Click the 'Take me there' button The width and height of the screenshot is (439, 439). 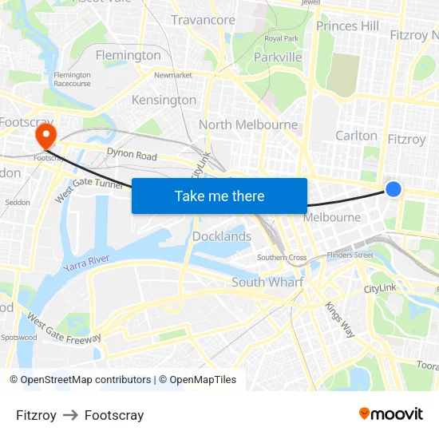coord(219,196)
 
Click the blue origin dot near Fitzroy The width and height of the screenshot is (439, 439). coord(394,188)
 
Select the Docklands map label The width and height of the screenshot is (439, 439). coord(222,236)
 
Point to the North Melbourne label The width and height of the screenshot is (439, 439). coord(248,125)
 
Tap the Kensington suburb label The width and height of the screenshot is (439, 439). coord(164,100)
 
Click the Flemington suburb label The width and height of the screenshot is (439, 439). coord(128,55)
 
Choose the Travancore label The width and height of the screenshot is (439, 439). coord(203,20)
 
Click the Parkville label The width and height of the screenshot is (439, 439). coord(278,57)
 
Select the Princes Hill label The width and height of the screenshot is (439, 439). coord(348,26)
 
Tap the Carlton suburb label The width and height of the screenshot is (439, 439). coord(356,136)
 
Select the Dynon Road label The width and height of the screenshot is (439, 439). coord(132,155)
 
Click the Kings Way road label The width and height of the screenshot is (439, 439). coord(339,319)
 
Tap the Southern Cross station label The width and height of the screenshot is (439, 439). coord(282,257)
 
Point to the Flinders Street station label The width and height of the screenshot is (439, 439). coord(350,255)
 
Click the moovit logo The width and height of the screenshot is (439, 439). coord(390,413)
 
